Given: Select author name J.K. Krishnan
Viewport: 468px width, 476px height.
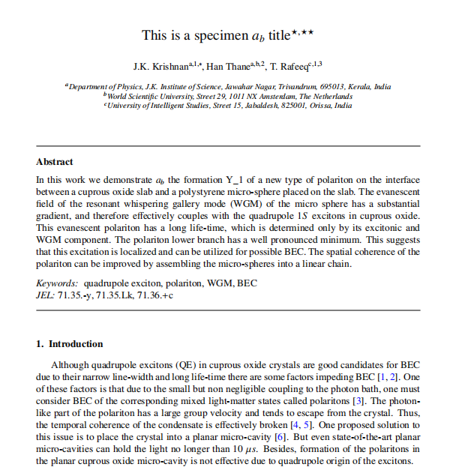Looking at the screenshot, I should [x=160, y=67].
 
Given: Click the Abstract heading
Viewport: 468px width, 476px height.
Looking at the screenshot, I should [x=55, y=162].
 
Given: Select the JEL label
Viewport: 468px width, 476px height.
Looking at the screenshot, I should [x=46, y=295].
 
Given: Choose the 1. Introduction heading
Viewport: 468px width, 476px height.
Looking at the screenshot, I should [x=70, y=344].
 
